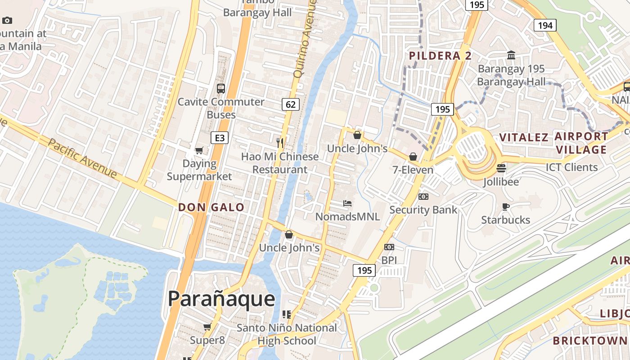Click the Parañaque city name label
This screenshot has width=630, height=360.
point(221,299)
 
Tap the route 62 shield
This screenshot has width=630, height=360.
point(291,104)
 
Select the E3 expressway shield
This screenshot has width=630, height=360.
point(220,138)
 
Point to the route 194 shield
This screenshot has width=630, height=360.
point(545,25)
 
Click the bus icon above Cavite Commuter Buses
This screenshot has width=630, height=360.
point(220,88)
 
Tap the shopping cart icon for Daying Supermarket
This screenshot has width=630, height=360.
point(199,150)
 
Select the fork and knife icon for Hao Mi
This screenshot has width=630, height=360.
point(280,143)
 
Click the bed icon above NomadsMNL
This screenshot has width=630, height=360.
point(347,203)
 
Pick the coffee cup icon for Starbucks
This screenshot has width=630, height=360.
point(505,207)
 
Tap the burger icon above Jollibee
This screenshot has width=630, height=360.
point(501,168)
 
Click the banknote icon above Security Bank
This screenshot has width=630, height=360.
point(423,196)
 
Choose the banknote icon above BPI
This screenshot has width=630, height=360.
point(389,247)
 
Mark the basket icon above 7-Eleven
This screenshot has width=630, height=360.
point(413,157)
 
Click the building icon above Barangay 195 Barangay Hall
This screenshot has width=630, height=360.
point(511,55)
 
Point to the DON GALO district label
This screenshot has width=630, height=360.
point(211,207)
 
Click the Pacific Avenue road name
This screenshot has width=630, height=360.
point(82,158)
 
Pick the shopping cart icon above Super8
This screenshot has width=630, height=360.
point(207,327)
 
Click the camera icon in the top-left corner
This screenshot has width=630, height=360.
point(7,20)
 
